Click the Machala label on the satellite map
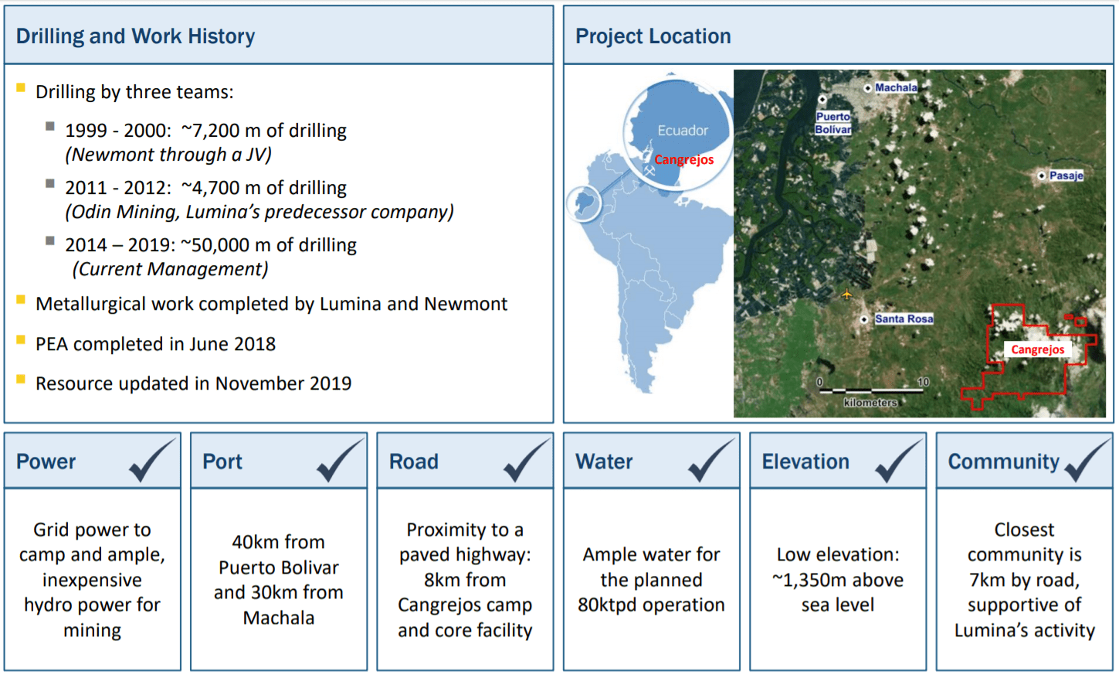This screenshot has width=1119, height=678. tap(896, 87)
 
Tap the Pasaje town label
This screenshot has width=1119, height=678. tap(1066, 175)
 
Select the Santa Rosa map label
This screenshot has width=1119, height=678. tap(904, 319)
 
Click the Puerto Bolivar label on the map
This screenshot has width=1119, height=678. tap(833, 123)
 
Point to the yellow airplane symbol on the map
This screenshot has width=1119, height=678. tap(846, 294)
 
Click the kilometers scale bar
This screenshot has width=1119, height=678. tap(871, 390)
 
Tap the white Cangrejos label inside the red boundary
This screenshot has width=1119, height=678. tap(1038, 349)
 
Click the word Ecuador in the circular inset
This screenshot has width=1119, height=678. tap(683, 131)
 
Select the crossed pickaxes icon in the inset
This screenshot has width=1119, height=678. tap(649, 171)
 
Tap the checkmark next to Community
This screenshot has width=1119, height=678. tap(1087, 460)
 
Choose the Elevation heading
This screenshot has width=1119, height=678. tap(805, 462)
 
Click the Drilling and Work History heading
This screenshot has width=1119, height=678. tap(135, 36)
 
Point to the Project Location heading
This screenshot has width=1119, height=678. tap(653, 36)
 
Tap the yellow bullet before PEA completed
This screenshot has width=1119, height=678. tap(21, 340)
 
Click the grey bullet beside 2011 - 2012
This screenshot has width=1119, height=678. tap(50, 183)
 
